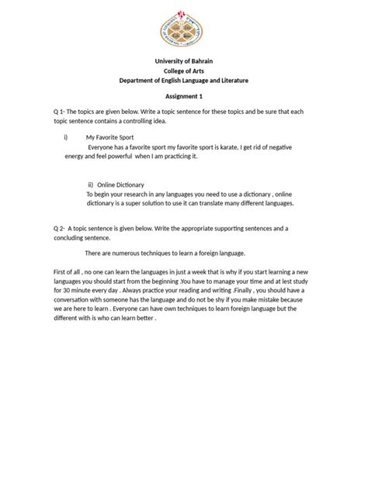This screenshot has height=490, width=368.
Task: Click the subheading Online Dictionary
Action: [x=123, y=185]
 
